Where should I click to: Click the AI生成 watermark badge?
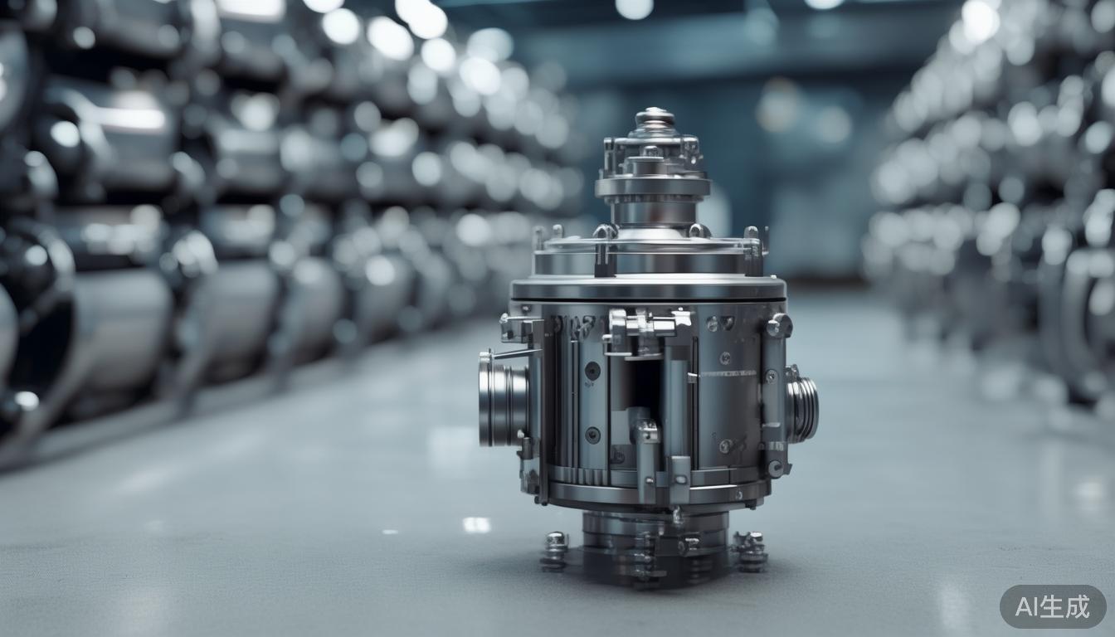pyautogui.click(x=1053, y=606)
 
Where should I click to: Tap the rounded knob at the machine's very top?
pyautogui.click(x=655, y=117)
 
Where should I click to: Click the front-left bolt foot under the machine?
pyautogui.click(x=555, y=550)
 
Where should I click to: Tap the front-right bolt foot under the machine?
pyautogui.click(x=750, y=551)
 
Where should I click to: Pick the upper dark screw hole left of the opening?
pyautogui.click(x=592, y=370)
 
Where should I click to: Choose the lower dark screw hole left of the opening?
pyautogui.click(x=592, y=435)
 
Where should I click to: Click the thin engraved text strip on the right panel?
pyautogui.click(x=727, y=372)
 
